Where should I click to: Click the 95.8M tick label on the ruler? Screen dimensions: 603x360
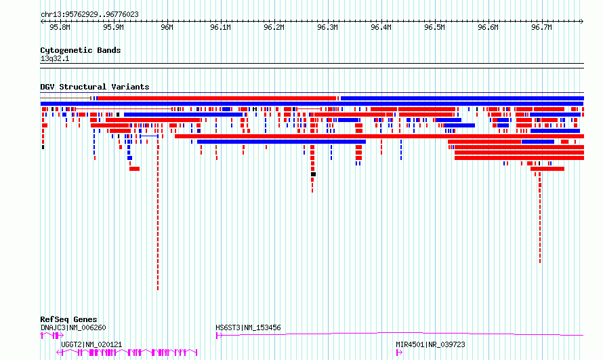tap(60, 27)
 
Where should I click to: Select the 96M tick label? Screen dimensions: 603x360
tap(167, 27)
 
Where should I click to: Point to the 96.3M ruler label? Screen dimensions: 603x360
tap(328, 27)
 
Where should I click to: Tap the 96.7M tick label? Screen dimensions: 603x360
tap(541, 27)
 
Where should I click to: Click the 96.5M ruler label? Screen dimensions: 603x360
tap(434, 27)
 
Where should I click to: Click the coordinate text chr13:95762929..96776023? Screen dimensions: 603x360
tap(89, 15)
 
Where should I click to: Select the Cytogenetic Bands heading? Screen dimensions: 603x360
tap(81, 50)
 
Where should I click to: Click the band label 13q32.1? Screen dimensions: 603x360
tap(55, 58)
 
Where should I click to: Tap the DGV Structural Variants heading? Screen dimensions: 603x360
tap(95, 87)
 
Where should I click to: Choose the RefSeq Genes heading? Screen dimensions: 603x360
tap(68, 319)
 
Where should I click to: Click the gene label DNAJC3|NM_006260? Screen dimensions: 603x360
tap(73, 327)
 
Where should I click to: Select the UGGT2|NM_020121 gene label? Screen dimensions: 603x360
tap(91, 344)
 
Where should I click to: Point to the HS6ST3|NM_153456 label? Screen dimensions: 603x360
tap(248, 327)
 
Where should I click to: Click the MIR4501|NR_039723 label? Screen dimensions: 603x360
tap(430, 344)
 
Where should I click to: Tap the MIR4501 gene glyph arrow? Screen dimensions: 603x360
tap(399, 353)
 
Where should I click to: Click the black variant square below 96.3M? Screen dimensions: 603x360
tap(314, 174)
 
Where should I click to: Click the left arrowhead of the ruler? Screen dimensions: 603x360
tap(41, 22)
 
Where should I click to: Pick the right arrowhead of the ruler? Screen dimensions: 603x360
tap(582, 22)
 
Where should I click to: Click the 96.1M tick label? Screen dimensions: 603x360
tap(220, 27)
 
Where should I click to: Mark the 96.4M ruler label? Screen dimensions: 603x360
tap(381, 27)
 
